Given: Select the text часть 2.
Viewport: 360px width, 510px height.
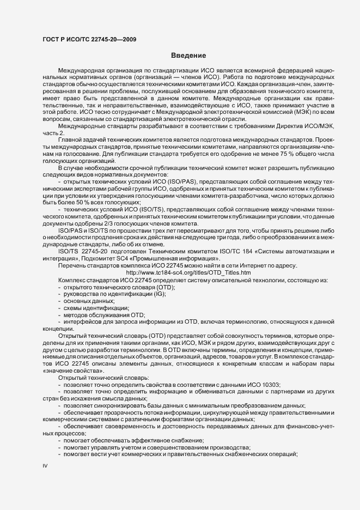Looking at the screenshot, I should (53, 133).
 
